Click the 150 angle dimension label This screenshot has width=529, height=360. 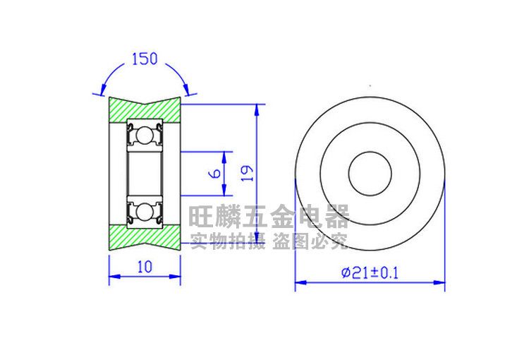[x=145, y=59]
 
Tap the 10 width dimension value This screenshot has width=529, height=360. [x=145, y=267]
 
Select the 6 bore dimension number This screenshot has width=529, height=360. [x=214, y=174]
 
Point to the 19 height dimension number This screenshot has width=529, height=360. [x=247, y=173]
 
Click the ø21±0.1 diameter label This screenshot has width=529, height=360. [x=370, y=272]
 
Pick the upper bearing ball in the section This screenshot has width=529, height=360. [x=144, y=135]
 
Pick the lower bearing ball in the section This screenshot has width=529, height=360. [x=144, y=212]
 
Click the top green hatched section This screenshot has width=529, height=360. [x=145, y=110]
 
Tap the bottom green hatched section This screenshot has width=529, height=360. [x=145, y=237]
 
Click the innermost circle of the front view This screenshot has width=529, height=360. [x=370, y=152]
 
